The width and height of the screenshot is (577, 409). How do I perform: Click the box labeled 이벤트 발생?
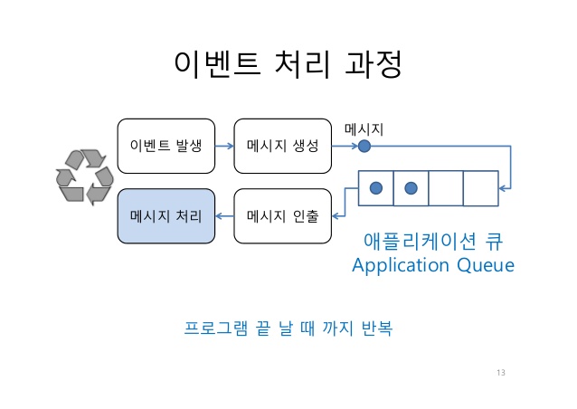(166, 146)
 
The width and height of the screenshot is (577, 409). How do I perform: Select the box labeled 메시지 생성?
(282, 146)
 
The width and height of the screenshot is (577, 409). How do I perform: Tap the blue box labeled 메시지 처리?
(166, 216)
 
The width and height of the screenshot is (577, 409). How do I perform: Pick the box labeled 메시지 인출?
(282, 216)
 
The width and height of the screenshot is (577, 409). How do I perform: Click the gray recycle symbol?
(83, 177)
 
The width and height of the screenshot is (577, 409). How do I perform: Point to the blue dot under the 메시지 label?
(364, 146)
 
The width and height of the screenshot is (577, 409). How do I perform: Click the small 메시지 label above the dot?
(364, 129)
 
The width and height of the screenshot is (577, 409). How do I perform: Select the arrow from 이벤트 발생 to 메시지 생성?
(224, 146)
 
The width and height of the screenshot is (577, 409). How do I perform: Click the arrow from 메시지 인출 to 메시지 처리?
(224, 216)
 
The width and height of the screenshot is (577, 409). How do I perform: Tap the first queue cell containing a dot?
(376, 187)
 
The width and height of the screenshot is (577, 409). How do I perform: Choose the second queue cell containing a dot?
(411, 187)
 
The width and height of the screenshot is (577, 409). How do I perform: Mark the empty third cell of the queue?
(445, 187)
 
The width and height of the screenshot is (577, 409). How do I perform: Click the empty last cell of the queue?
(480, 187)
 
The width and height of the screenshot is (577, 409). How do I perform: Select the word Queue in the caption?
(483, 265)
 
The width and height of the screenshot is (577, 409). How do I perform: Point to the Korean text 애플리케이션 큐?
(432, 241)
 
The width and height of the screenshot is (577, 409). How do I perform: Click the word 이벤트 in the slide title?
(212, 66)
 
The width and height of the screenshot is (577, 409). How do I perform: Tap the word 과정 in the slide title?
(371, 66)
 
